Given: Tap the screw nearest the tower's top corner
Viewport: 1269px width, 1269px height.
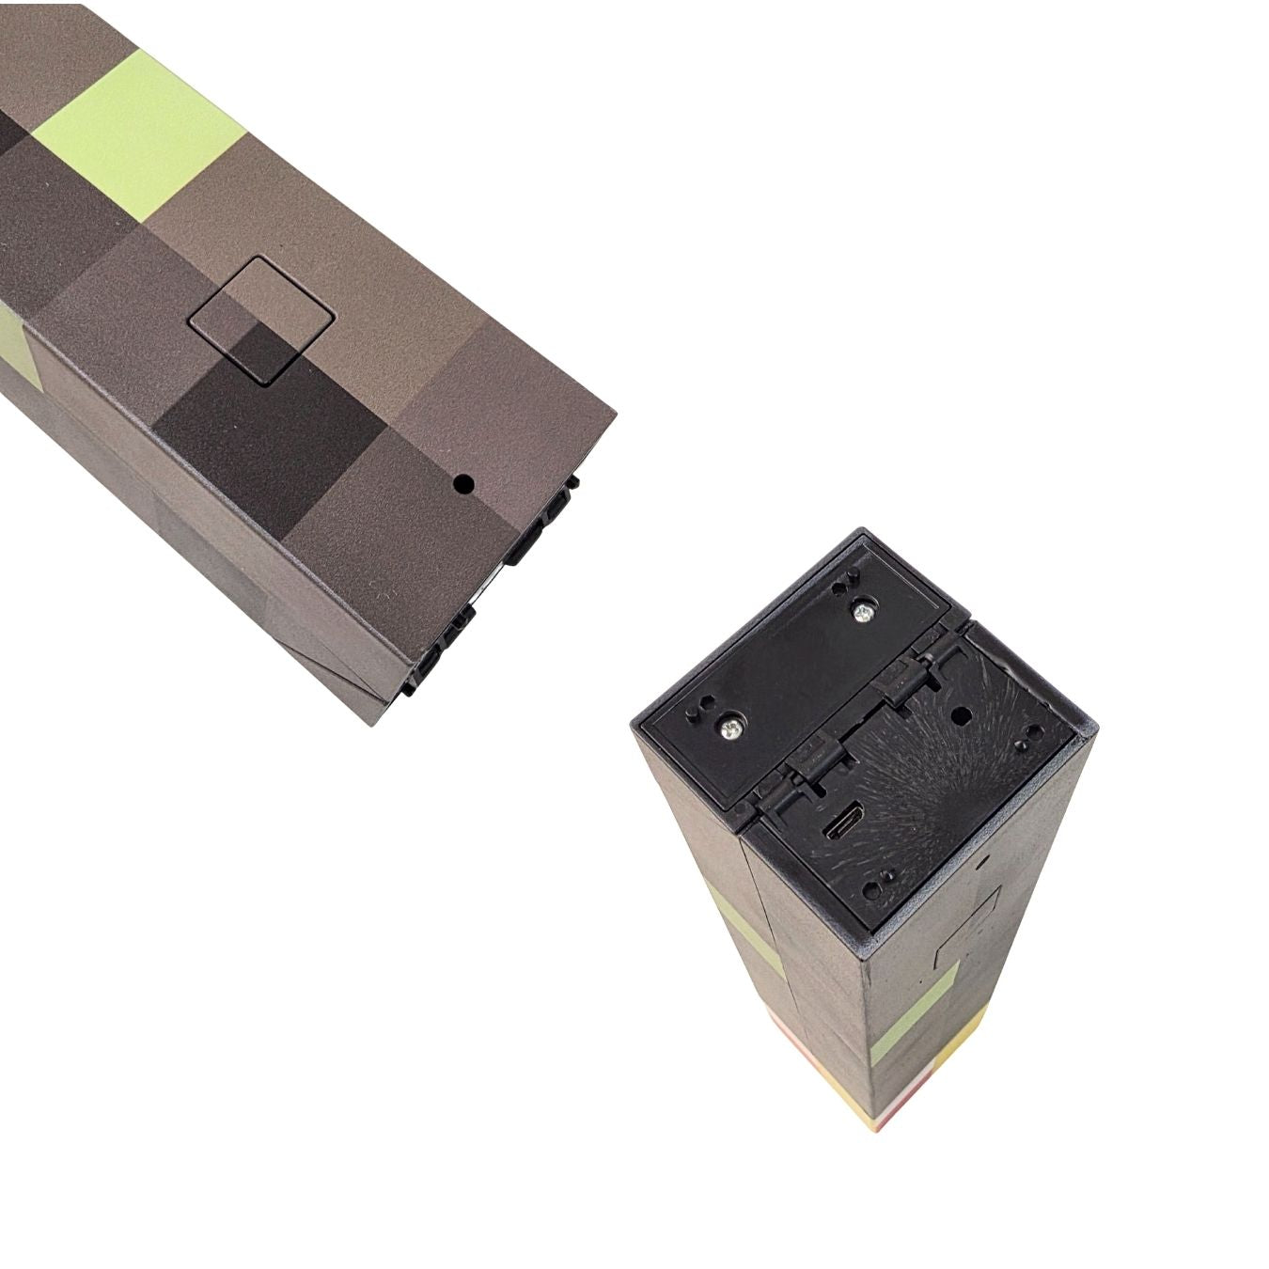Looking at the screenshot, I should (862, 612).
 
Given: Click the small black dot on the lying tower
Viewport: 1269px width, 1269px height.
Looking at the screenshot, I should (462, 485).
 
